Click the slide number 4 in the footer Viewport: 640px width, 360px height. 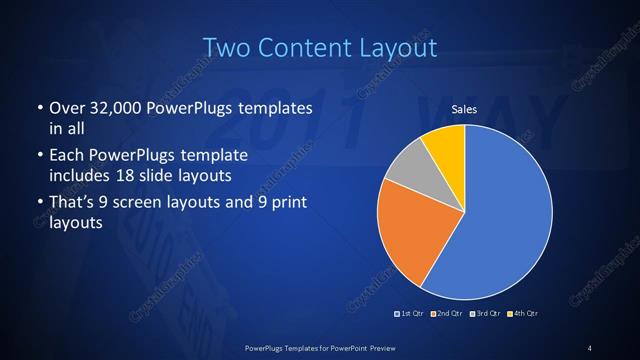(590, 347)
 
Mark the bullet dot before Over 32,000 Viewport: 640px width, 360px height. (39, 108)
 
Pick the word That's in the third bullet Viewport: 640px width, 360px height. (72, 204)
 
